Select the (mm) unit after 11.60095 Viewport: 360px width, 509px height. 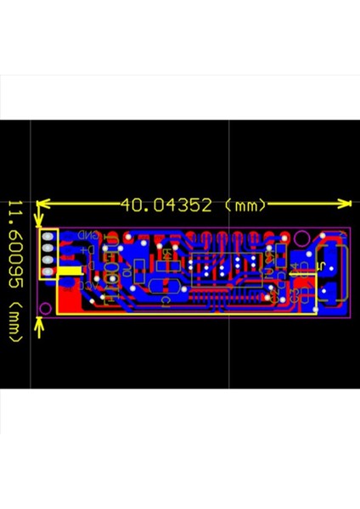pyautogui.click(x=14, y=316)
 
